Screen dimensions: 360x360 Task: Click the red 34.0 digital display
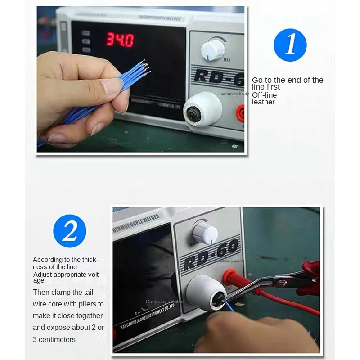(120, 40)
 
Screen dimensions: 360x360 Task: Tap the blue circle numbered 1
(290, 45)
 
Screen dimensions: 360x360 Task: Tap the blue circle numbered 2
(69, 231)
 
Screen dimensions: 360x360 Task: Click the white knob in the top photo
(212, 49)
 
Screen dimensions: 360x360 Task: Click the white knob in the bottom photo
(205, 234)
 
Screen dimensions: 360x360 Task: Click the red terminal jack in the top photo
(241, 113)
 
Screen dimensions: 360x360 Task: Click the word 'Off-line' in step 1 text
(264, 95)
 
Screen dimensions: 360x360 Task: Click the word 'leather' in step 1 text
(263, 102)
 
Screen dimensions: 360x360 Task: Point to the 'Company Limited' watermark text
(164, 301)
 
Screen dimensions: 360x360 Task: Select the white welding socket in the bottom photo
(204, 292)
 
